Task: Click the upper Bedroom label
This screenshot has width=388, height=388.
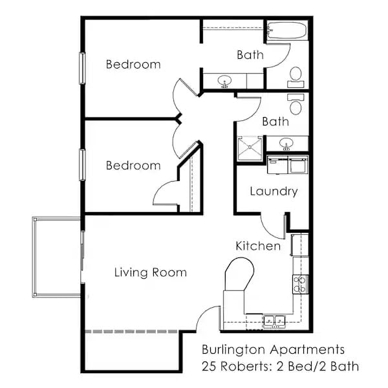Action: click(133, 65)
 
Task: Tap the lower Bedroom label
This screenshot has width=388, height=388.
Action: click(133, 166)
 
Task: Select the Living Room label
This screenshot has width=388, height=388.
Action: click(151, 272)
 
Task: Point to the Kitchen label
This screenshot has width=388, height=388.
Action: click(258, 246)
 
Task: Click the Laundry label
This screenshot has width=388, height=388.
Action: click(274, 191)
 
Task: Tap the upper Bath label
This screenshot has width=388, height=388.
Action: click(250, 55)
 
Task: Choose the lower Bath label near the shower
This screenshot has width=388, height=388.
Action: click(275, 121)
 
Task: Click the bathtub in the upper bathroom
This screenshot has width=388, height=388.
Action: click(287, 30)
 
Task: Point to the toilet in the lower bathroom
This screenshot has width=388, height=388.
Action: click(296, 103)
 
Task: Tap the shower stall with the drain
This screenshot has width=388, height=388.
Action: click(249, 148)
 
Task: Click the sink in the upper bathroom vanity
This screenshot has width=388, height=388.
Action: click(225, 81)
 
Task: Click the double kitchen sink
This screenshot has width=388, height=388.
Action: click(274, 320)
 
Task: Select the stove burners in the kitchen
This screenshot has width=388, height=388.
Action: click(300, 284)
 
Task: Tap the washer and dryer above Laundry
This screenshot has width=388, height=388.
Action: click(288, 164)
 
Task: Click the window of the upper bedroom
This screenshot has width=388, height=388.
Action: click(82, 68)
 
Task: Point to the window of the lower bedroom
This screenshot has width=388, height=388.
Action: click(82, 165)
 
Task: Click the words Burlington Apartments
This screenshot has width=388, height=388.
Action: click(272, 349)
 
